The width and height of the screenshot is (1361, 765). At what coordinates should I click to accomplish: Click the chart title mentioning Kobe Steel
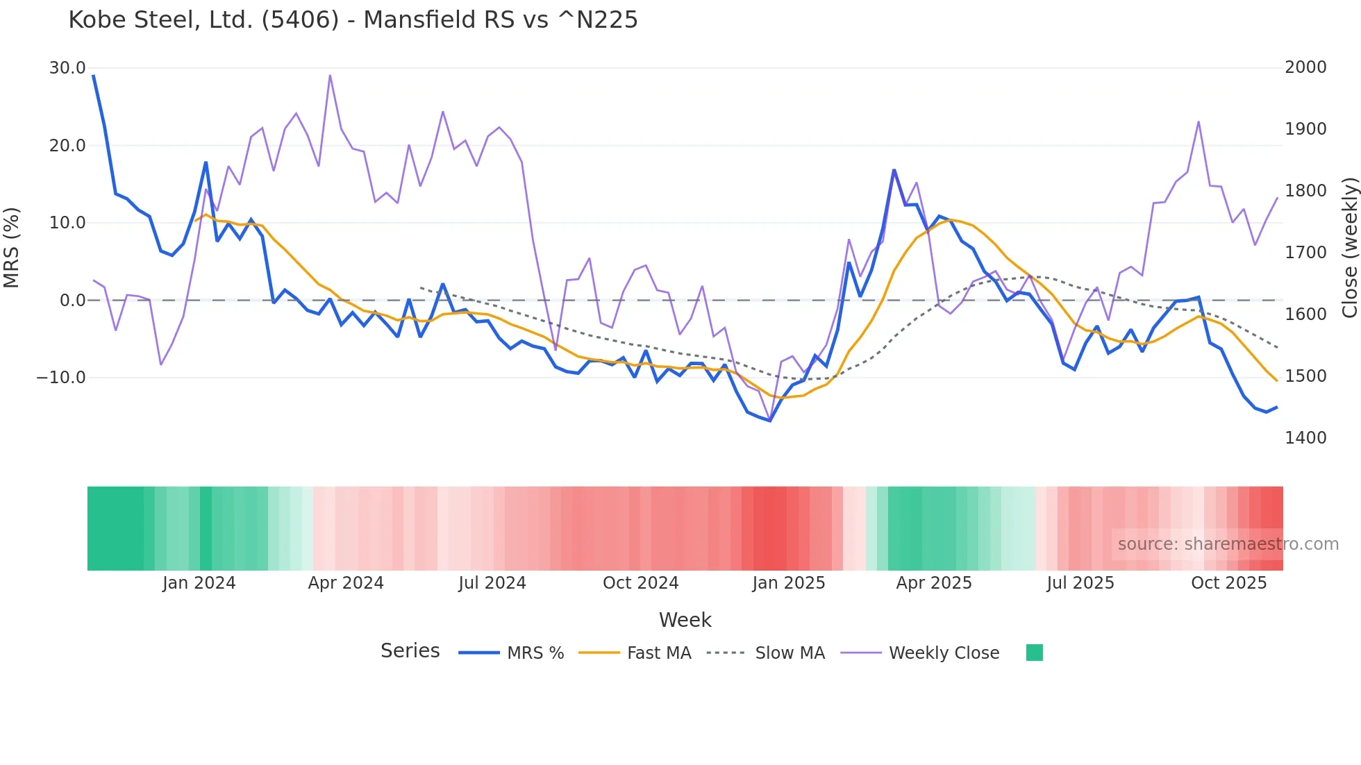click(353, 19)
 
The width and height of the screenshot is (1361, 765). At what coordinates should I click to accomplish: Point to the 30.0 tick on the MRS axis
click(67, 68)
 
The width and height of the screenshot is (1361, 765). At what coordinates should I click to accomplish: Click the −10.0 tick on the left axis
click(61, 378)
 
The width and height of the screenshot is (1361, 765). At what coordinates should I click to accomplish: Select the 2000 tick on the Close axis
click(1305, 67)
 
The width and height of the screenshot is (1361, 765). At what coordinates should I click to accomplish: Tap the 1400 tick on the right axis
click(1305, 438)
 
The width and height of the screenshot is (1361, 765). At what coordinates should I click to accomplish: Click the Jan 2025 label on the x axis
click(788, 583)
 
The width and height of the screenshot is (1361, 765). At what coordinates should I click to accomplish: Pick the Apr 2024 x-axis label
click(346, 583)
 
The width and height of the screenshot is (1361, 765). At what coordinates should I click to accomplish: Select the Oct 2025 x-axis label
click(1228, 583)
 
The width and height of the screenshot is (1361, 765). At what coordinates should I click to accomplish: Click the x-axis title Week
click(685, 620)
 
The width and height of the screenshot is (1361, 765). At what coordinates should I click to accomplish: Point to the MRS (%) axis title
click(12, 247)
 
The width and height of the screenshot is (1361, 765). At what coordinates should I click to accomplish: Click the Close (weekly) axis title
click(1349, 247)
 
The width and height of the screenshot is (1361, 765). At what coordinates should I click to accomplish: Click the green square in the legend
click(1034, 653)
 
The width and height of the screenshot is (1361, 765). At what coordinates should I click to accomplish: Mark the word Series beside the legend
click(410, 651)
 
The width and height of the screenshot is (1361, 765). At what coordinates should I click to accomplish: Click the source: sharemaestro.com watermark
click(1228, 544)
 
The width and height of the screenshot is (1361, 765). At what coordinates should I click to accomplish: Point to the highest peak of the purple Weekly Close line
click(330, 75)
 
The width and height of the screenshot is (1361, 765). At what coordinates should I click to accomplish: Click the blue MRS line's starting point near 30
click(94, 76)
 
